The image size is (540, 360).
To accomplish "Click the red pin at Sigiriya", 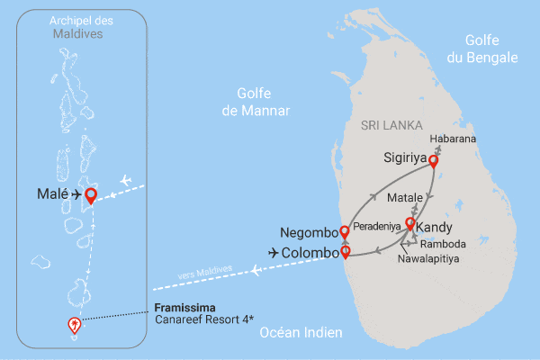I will click(x=433, y=161).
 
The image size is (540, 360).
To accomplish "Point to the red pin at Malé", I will click(x=90, y=193).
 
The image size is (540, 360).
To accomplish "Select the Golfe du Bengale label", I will click(x=490, y=49).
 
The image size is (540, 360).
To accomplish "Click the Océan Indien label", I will click(x=301, y=333).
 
